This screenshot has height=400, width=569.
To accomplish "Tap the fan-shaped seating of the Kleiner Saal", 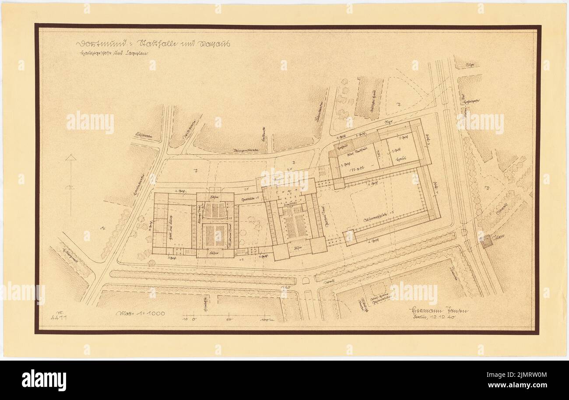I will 215,210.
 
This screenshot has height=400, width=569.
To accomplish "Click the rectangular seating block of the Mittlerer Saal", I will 215,235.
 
